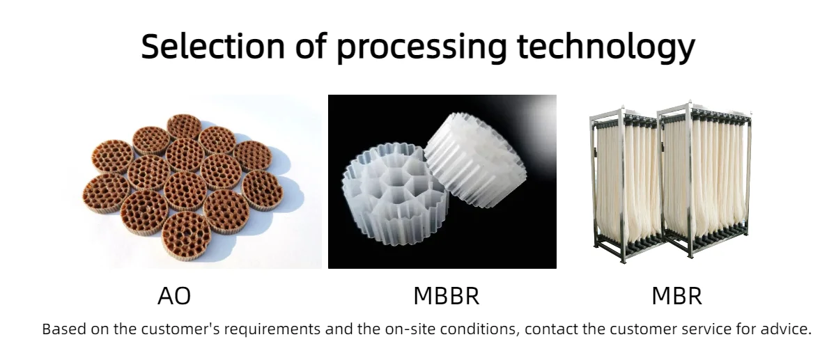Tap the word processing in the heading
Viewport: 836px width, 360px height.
click(421, 49)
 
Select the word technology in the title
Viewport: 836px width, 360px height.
click(606, 48)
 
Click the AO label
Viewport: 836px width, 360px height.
click(174, 296)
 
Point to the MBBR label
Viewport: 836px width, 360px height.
click(447, 296)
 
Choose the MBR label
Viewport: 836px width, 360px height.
click(677, 296)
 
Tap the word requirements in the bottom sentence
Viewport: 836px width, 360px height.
click(272, 330)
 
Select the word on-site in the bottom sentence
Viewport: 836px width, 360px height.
click(410, 329)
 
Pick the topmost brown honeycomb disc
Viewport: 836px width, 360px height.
click(185, 127)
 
